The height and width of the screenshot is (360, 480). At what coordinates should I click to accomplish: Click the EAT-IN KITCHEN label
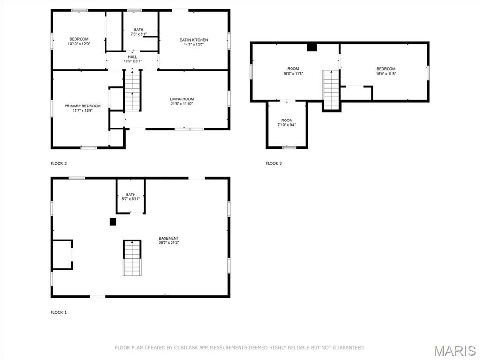pyautogui.click(x=194, y=40)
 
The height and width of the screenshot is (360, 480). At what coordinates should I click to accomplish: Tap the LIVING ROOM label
pyautogui.click(x=182, y=99)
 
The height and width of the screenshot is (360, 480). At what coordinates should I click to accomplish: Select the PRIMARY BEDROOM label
pyautogui.click(x=82, y=106)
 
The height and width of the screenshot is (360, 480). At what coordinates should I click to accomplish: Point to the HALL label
pyautogui.click(x=133, y=57)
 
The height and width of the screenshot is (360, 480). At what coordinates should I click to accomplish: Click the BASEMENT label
pyautogui.click(x=169, y=238)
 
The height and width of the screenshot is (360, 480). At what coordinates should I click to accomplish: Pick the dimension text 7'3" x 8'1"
pyautogui.click(x=139, y=34)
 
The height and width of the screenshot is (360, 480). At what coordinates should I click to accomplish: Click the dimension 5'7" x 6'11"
pyautogui.click(x=131, y=199)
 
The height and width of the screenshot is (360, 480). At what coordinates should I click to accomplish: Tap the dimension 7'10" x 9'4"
pyautogui.click(x=287, y=125)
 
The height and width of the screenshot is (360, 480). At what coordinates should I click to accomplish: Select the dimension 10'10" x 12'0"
pyautogui.click(x=79, y=44)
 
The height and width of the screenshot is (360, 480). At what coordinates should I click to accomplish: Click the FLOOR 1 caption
pyautogui.click(x=59, y=312)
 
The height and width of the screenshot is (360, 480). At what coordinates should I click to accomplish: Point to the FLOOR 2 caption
pyautogui.click(x=59, y=164)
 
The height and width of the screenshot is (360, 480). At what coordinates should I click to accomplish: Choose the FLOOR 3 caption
pyautogui.click(x=274, y=163)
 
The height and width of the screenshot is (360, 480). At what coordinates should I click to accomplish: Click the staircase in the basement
pyautogui.click(x=132, y=258)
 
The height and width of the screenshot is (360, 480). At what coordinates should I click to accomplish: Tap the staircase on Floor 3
pyautogui.click(x=331, y=90)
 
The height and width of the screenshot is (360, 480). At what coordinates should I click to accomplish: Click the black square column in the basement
pyautogui.click(x=113, y=222)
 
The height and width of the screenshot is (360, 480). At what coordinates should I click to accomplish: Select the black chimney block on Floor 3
pyautogui.click(x=312, y=47)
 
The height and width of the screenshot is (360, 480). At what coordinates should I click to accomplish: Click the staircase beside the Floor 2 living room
pyautogui.click(x=132, y=90)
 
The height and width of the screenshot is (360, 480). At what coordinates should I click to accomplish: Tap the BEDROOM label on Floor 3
pyautogui.click(x=386, y=69)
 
